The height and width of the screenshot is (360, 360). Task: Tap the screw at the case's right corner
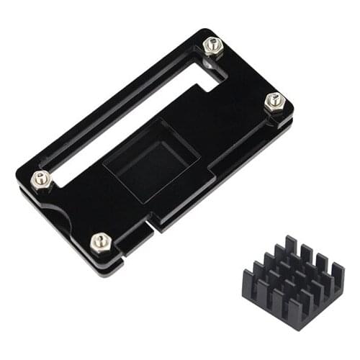pos(274,102)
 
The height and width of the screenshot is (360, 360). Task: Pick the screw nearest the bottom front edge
pos(101,241)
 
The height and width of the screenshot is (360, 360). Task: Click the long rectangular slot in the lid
pos(130,115)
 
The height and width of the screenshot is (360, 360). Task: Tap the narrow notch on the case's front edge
pos(150,229)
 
